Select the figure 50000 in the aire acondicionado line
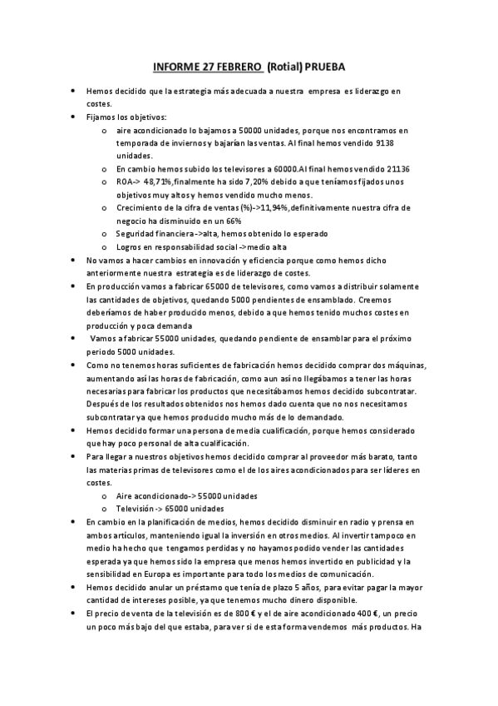[251, 131]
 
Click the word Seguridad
[137, 234]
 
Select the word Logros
[131, 246]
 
